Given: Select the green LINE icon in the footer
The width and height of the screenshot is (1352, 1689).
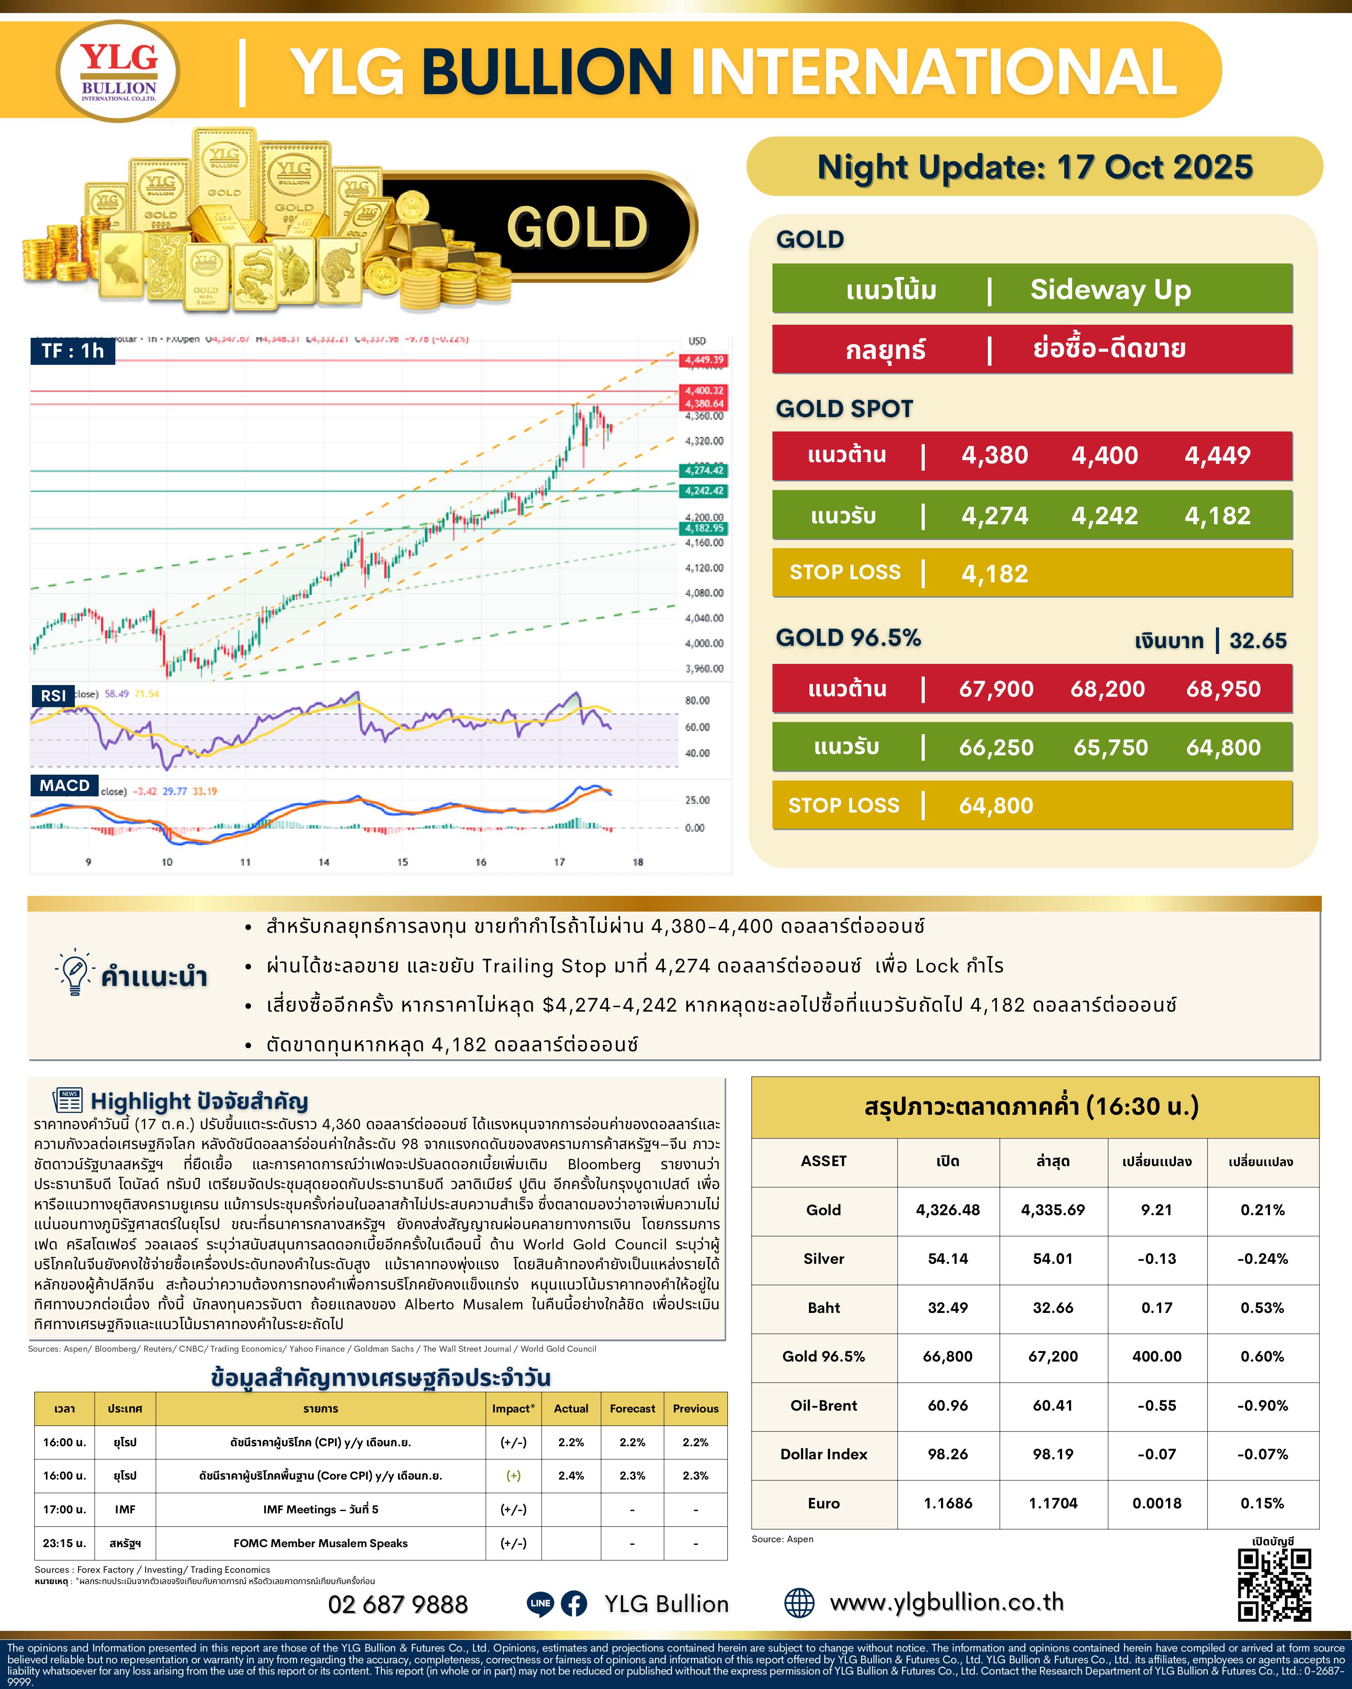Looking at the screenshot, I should point(540,1603).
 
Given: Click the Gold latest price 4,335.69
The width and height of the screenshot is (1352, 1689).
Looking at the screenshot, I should point(1053,1210).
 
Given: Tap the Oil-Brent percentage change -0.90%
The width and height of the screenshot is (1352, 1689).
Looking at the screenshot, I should point(1262,1405).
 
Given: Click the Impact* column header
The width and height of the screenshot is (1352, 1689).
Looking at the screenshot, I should point(513,1408).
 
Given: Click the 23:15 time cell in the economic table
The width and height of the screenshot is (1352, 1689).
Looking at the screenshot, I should point(64,1543).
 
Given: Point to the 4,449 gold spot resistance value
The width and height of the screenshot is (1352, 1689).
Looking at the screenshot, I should point(1217,455).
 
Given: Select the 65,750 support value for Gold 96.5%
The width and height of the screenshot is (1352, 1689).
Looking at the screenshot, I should point(1110,747).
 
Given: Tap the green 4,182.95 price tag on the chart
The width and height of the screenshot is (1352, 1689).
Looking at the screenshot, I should point(704,528).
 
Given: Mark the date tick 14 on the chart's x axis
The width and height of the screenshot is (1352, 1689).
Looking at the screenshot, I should point(324,862).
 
